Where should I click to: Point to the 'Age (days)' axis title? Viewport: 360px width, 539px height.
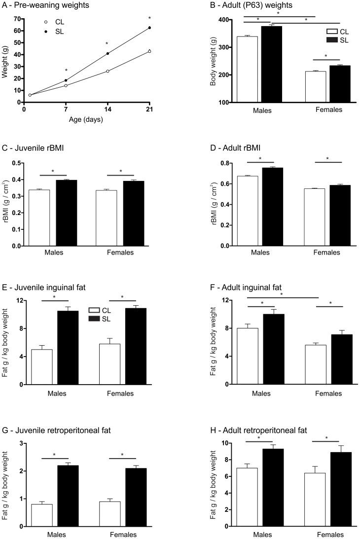pyautogui.click(x=87, y=119)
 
